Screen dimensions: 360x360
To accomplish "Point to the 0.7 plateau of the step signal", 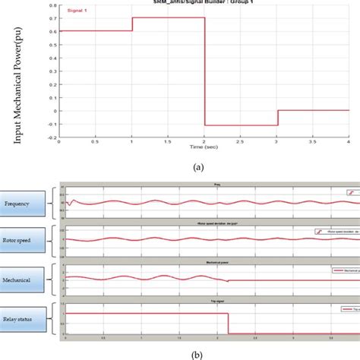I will (168, 17).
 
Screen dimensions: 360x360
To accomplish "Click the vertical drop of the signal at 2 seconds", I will (204, 71).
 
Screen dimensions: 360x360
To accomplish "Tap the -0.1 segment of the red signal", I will (240, 125).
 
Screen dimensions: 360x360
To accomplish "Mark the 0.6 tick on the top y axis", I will (53, 31).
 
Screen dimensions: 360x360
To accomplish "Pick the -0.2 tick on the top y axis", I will (52, 138).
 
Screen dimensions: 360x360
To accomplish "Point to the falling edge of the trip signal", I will (229, 323).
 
